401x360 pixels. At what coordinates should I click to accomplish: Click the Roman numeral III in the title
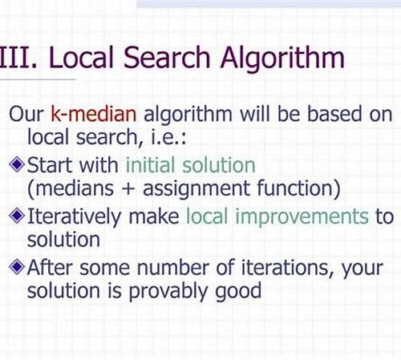pyautogui.click(x=16, y=58)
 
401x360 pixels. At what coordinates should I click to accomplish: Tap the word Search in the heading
pyautogui.click(x=167, y=57)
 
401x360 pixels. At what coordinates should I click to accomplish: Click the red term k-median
pyautogui.click(x=94, y=113)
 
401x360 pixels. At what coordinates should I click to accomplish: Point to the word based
pyautogui.click(x=334, y=113)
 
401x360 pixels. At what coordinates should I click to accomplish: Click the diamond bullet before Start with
pyautogui.click(x=17, y=164)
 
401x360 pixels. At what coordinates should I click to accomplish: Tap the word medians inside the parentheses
pyautogui.click(x=75, y=188)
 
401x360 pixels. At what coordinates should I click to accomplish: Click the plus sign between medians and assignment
pyautogui.click(x=128, y=188)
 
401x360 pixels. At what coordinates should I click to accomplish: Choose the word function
pyautogui.click(x=294, y=188)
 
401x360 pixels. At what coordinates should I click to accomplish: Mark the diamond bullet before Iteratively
pyautogui.click(x=17, y=216)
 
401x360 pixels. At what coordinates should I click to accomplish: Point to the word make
pyautogui.click(x=154, y=216)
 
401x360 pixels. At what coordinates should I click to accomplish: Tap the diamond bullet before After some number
pyautogui.click(x=17, y=267)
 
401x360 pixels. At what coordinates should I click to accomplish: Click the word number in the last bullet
pyautogui.click(x=172, y=267)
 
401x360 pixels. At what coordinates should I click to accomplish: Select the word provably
pyautogui.click(x=168, y=292)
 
